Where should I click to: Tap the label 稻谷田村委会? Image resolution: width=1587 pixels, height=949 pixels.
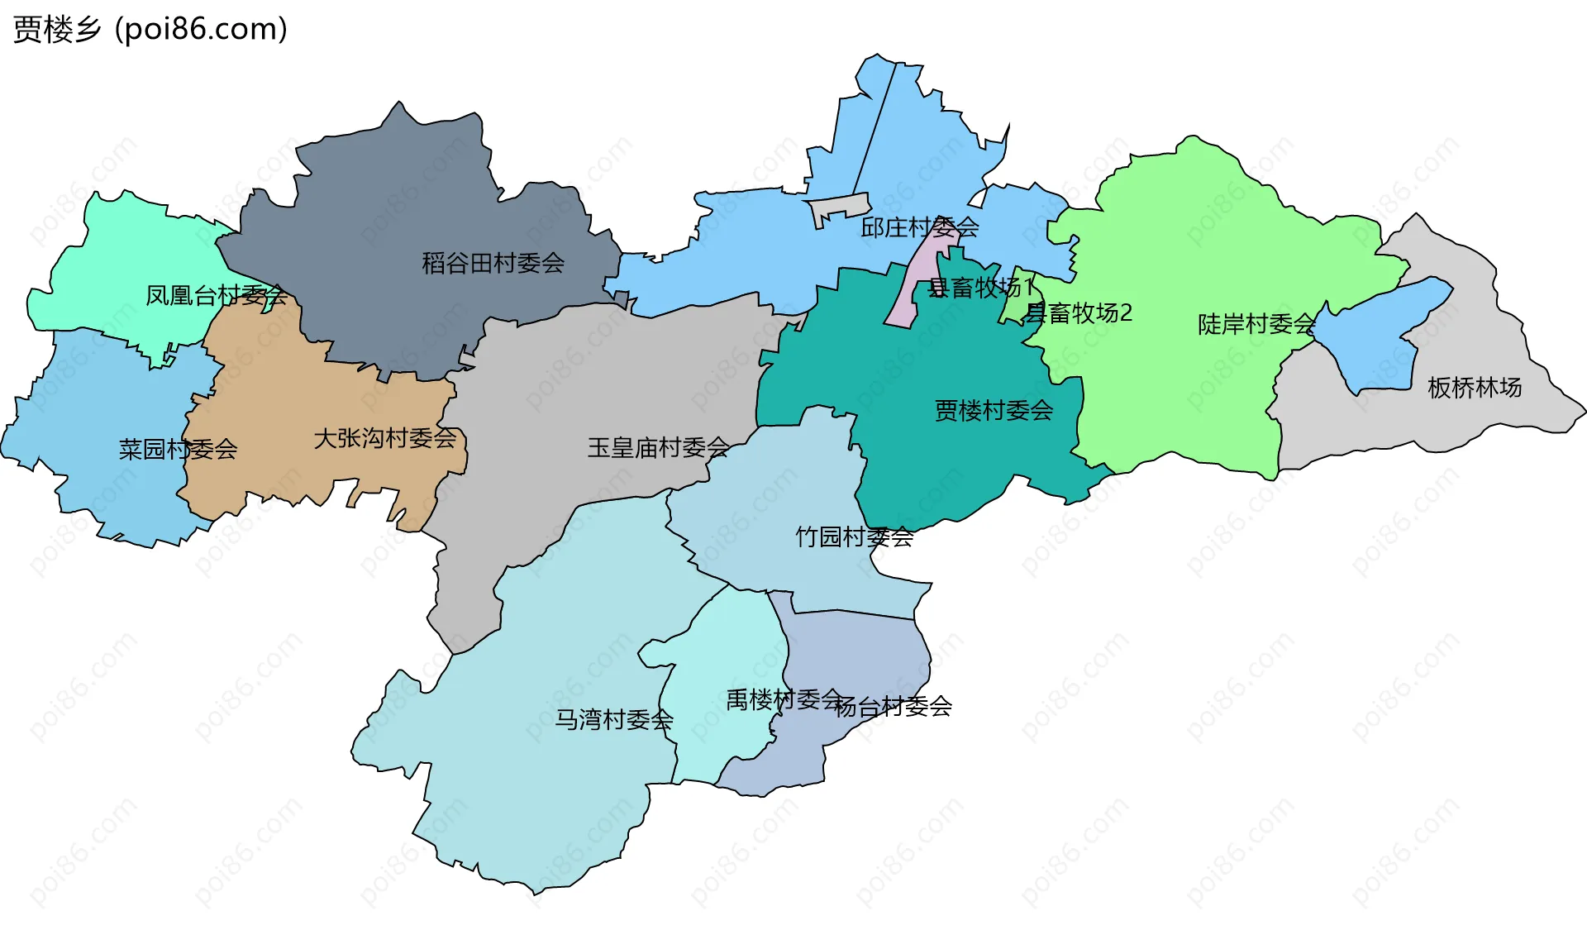pyautogui.click(x=493, y=264)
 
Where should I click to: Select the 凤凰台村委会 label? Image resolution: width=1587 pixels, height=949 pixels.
pyautogui.click(x=216, y=295)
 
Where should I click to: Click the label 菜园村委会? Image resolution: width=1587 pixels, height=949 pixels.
pyautogui.click(x=178, y=450)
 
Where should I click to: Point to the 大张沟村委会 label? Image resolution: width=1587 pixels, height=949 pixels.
pyautogui.click(x=385, y=438)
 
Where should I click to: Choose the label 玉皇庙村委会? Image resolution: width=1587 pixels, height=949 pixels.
pyautogui.click(x=658, y=448)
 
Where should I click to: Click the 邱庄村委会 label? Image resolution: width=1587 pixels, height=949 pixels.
pyautogui.click(x=919, y=227)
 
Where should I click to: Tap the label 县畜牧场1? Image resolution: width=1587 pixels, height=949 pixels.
pyautogui.click(x=980, y=288)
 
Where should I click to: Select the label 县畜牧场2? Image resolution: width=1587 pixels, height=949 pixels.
pyautogui.click(x=1078, y=313)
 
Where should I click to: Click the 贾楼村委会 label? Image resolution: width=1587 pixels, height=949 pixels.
pyautogui.click(x=994, y=410)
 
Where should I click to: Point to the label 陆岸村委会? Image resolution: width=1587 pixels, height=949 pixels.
pyautogui.click(x=1256, y=324)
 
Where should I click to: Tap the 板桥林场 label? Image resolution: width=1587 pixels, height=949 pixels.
pyautogui.click(x=1475, y=387)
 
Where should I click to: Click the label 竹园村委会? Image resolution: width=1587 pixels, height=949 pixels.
pyautogui.click(x=854, y=537)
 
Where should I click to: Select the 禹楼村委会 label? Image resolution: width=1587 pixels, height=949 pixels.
pyautogui.click(x=784, y=700)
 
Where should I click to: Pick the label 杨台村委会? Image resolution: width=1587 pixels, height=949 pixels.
pyautogui.click(x=893, y=707)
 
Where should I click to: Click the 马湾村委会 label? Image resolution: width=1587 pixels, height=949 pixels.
pyautogui.click(x=613, y=719)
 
